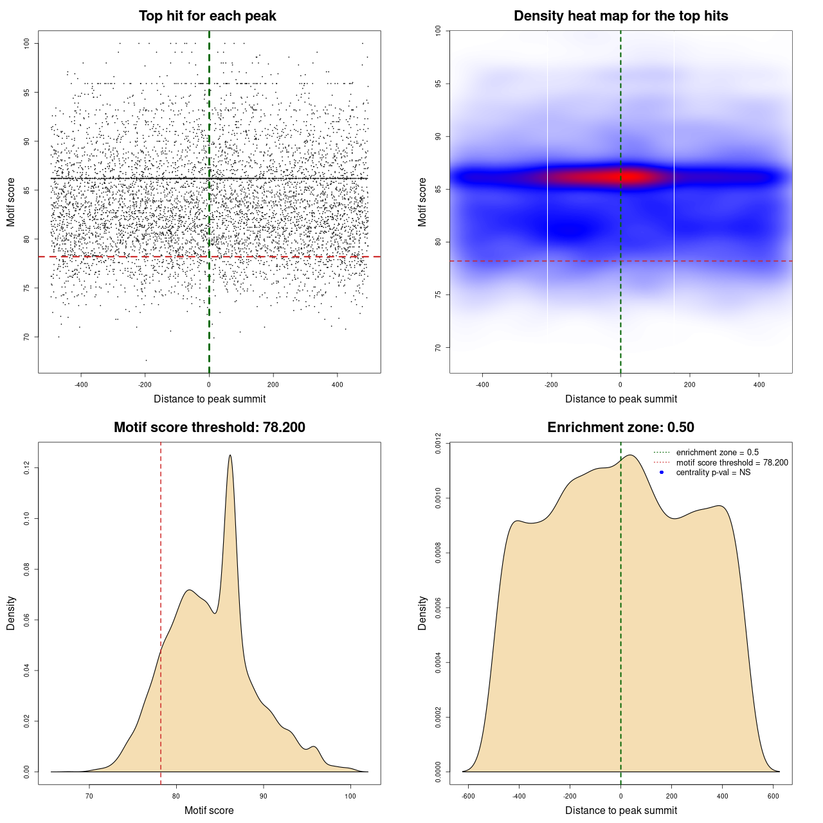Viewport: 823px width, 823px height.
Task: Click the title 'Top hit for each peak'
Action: [208, 16]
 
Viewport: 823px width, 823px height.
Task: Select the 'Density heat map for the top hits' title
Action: [620, 16]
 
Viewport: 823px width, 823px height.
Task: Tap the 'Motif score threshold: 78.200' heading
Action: [209, 428]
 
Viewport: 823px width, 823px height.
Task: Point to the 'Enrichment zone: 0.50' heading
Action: [620, 428]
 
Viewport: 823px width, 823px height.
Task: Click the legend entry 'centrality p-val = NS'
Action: [713, 473]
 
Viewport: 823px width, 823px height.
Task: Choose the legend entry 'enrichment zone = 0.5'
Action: [717, 453]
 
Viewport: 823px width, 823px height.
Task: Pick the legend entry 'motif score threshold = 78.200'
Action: [732, 463]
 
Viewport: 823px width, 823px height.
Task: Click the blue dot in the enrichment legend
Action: [662, 473]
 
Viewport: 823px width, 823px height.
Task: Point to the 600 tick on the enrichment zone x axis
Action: [773, 796]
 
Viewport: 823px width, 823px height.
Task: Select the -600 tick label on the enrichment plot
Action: [468, 796]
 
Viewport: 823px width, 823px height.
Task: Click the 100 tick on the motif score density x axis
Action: [350, 796]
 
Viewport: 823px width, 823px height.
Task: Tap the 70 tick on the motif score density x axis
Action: [89, 796]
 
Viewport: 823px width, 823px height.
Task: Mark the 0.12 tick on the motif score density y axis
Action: [27, 468]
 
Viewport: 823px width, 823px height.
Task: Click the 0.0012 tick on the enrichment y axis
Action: [439, 443]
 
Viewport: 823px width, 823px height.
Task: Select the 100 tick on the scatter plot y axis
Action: [27, 43]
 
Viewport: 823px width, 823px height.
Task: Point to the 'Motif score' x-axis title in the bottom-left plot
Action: [209, 811]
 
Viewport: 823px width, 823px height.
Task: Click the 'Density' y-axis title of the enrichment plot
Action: [422, 613]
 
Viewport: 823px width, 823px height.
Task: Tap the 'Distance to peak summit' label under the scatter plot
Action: [210, 399]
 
